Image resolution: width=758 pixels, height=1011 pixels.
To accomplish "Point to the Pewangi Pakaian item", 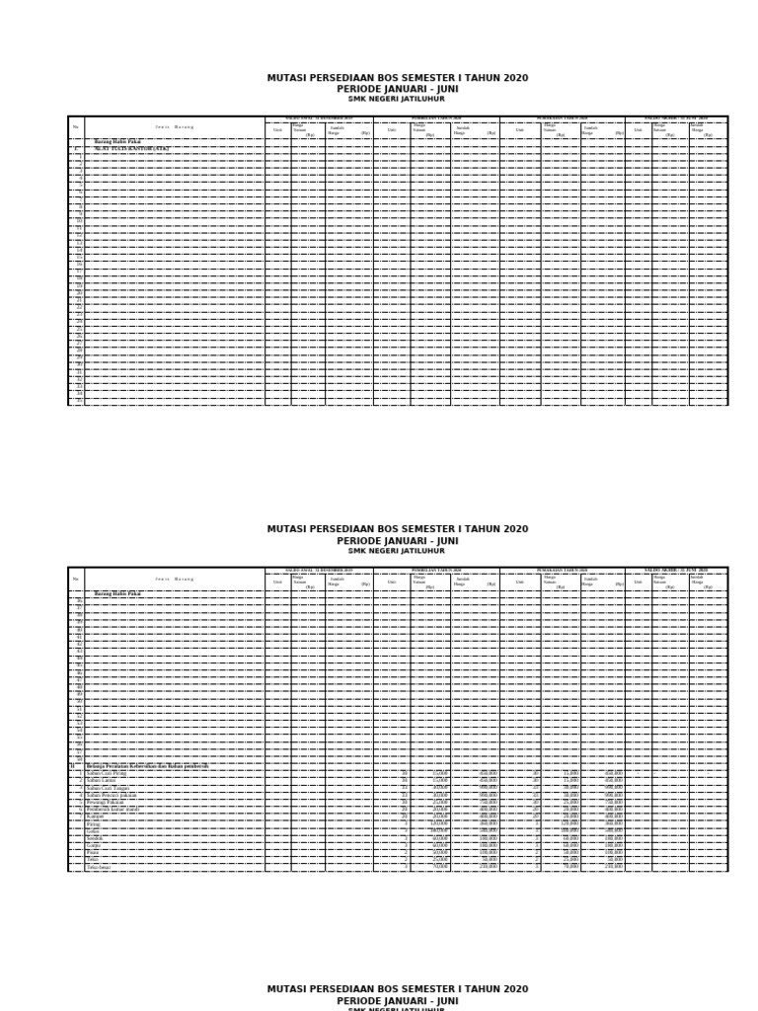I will [107, 802].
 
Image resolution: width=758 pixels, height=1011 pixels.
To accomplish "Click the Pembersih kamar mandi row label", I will [113, 809].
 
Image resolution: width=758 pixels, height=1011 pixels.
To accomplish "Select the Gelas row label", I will [93, 831].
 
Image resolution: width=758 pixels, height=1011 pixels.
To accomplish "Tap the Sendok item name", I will [95, 838].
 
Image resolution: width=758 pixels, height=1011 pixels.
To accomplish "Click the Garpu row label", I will [94, 845].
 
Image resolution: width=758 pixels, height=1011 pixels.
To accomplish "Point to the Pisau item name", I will [93, 852].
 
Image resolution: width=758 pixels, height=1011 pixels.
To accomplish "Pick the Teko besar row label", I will [99, 867].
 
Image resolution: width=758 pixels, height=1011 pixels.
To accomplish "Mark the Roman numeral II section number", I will [72, 766].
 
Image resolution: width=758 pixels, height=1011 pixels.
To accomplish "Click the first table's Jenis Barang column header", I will [174, 126].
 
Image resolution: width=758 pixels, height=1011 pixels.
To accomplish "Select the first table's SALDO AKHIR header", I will [676, 117].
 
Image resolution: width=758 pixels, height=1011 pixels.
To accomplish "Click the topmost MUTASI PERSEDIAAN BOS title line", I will [397, 78].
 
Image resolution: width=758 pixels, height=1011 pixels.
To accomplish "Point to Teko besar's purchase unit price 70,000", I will [439, 867].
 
